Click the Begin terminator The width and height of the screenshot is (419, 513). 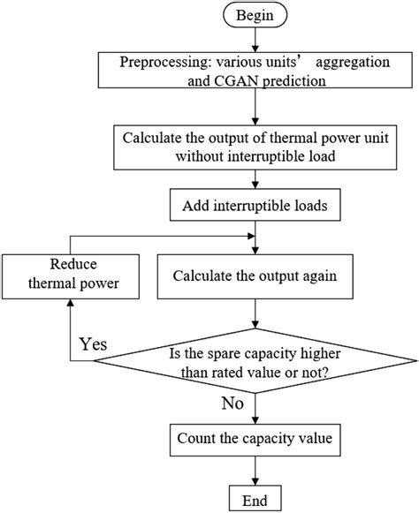[x=255, y=16]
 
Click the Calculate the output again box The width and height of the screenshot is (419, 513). [x=255, y=275]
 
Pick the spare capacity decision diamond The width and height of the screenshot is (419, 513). [x=255, y=362]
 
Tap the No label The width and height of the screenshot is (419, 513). [x=232, y=404]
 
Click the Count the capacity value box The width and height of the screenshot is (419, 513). [x=255, y=438]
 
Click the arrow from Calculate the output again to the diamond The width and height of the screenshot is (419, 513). [x=255, y=313]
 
